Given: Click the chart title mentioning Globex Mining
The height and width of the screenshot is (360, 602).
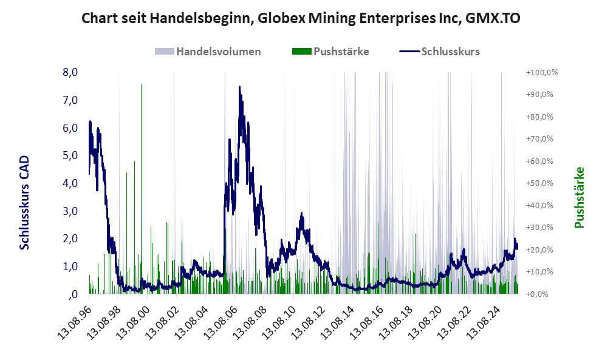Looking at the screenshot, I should click(x=301, y=18).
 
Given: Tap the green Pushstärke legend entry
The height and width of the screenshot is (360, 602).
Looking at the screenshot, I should click(x=341, y=52).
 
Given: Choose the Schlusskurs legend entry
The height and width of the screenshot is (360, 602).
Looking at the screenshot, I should click(x=450, y=52).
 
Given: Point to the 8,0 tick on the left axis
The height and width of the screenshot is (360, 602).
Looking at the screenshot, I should click(x=70, y=72).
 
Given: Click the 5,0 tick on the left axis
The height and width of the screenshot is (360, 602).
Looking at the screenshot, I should click(x=70, y=155).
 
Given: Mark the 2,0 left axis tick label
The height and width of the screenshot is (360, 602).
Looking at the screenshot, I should click(x=70, y=239).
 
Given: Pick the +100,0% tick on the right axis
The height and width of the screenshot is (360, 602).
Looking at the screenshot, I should click(x=542, y=73).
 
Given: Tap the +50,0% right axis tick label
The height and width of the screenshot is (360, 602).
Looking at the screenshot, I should click(x=542, y=183).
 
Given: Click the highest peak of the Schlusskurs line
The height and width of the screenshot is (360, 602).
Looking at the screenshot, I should click(x=240, y=87).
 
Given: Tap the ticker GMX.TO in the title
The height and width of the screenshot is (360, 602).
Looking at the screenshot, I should click(x=493, y=18).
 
